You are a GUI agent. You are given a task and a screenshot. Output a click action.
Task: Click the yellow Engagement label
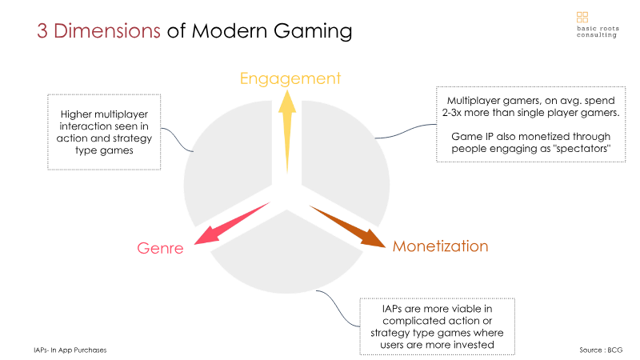290,78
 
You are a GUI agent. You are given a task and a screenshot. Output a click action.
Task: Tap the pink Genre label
161,248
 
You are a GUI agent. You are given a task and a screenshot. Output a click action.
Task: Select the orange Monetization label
441,246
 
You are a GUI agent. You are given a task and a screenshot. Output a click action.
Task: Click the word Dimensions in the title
107,31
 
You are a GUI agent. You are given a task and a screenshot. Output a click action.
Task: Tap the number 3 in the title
42,31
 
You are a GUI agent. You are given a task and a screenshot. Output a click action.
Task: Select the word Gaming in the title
313,32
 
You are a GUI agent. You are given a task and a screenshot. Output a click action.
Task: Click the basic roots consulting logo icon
582,17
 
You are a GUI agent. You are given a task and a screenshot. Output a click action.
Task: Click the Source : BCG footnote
601,350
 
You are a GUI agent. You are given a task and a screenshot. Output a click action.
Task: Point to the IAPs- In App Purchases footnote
70,350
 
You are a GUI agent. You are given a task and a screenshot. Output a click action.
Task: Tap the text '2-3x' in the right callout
452,113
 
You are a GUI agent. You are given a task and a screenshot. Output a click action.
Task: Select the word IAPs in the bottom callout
392,309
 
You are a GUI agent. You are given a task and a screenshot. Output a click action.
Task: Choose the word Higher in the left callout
74,114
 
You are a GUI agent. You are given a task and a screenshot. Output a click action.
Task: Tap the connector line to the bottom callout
338,309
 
